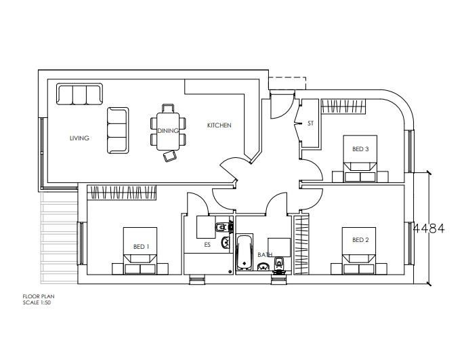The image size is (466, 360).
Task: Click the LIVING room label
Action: [79, 138]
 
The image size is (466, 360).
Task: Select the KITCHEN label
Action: [219, 125]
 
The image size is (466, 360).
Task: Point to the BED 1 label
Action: [141, 247]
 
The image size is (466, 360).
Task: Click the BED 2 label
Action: [360, 239]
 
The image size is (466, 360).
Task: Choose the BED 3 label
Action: [360, 149]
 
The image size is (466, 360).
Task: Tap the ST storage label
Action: [311, 123]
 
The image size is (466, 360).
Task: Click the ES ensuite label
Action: [207, 245]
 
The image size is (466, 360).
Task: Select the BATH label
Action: [266, 256]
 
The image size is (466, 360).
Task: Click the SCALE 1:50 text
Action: [37, 302]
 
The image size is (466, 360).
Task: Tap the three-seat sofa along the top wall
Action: [79, 94]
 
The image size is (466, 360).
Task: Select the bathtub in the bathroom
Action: [243, 251]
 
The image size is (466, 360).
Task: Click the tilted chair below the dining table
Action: [169, 157]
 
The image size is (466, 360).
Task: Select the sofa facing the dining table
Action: [118, 129]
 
